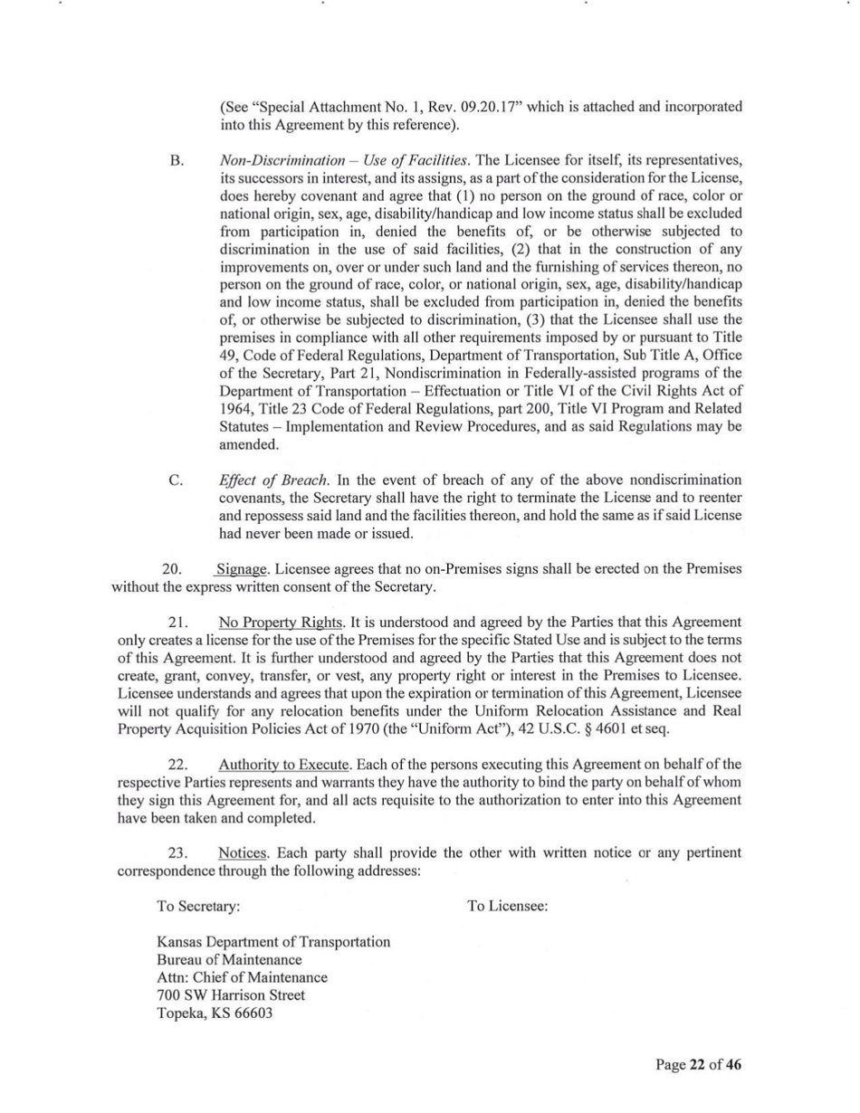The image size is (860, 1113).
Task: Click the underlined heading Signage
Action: coord(243,569)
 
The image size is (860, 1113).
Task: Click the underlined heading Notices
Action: coord(243,852)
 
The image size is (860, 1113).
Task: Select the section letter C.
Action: coord(177,480)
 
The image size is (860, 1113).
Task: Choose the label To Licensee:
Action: coord(507,905)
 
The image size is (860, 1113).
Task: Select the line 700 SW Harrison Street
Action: coord(231,994)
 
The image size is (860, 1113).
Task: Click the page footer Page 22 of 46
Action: coord(698,1064)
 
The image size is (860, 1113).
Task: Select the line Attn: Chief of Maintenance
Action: coord(242,977)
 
